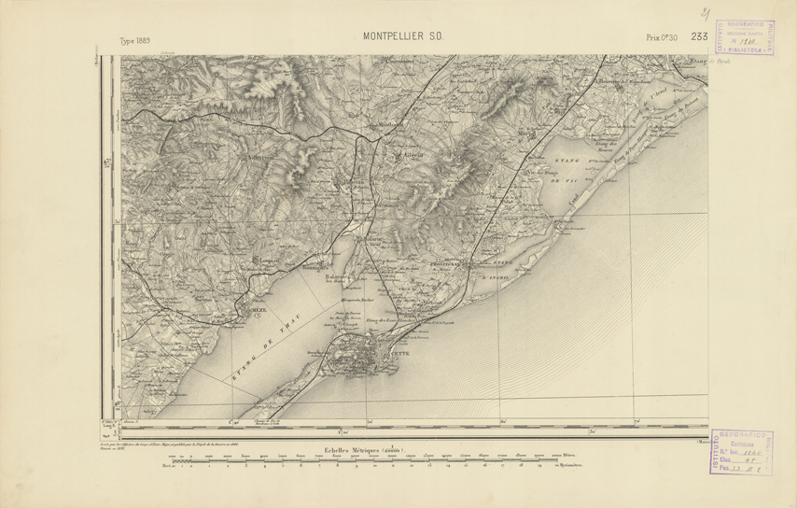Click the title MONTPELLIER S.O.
[402, 37]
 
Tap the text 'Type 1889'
[135, 40]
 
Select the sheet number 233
[700, 36]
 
